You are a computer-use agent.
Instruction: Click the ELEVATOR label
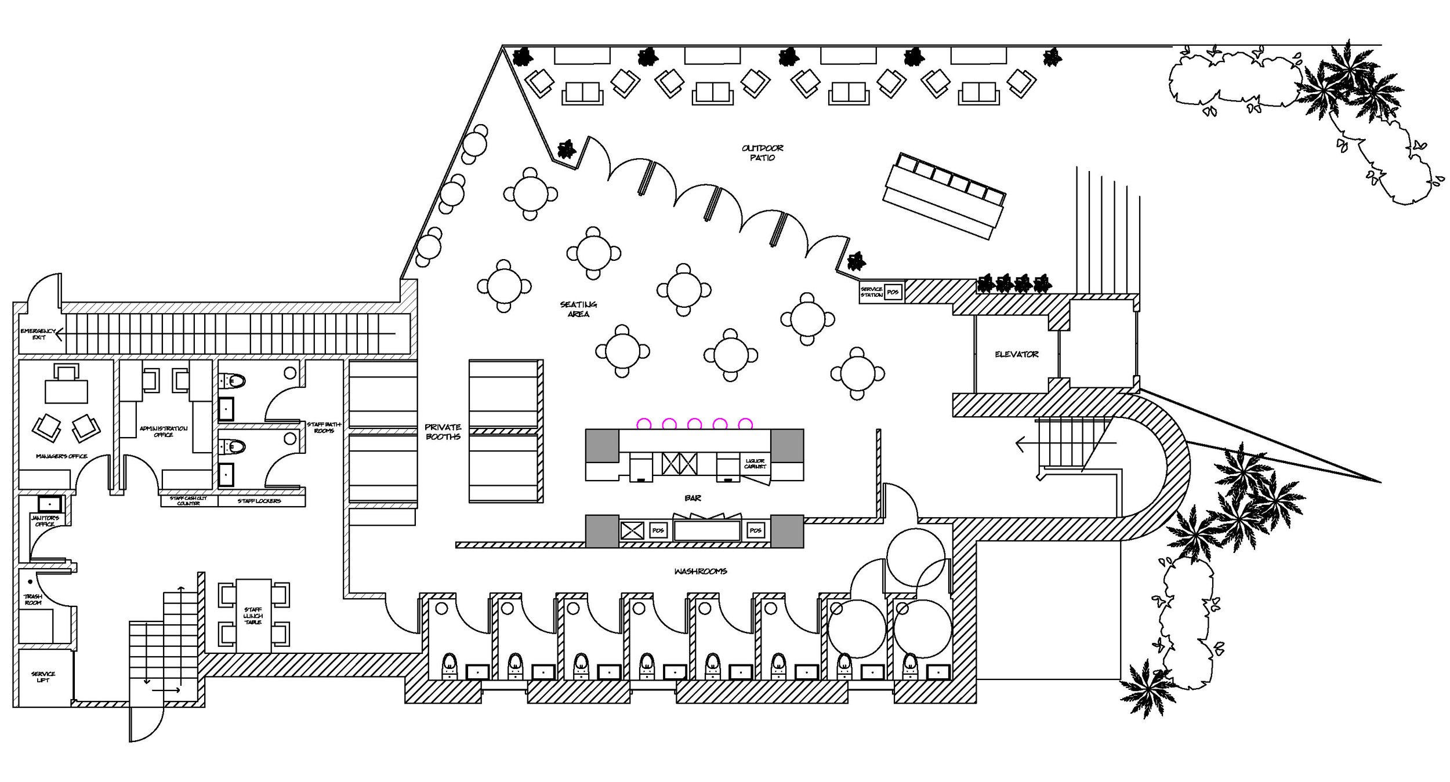click(1016, 354)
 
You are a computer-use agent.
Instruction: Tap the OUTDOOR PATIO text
click(762, 153)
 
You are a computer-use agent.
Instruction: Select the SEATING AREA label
click(578, 309)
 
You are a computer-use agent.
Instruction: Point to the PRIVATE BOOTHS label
click(443, 432)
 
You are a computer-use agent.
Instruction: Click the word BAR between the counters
click(693, 498)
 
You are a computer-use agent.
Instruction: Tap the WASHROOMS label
click(700, 571)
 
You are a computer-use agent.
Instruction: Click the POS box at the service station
click(893, 292)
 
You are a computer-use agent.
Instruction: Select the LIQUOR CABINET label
click(755, 464)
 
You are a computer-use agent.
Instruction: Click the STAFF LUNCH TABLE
click(253, 616)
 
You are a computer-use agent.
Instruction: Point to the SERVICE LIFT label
click(43, 676)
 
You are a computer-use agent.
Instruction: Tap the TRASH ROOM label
click(32, 599)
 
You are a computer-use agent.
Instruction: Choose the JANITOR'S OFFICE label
click(45, 521)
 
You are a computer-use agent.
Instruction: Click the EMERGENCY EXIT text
click(38, 334)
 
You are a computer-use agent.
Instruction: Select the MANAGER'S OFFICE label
click(61, 456)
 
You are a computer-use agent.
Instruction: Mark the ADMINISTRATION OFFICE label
click(164, 431)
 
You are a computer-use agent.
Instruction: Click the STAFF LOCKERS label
click(259, 501)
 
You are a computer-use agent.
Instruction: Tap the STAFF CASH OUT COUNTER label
click(188, 501)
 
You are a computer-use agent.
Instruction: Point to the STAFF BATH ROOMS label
click(324, 427)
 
